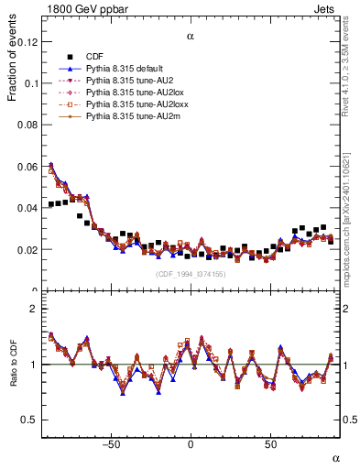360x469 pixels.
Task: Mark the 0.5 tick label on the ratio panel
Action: [x=30, y=420]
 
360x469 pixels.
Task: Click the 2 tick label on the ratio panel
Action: [x=35, y=309]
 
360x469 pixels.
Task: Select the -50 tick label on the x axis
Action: [x=111, y=443]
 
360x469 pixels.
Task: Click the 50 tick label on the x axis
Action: [x=270, y=443]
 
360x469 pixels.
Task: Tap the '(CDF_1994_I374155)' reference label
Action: [x=190, y=274]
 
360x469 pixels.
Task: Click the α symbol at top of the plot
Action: [x=190, y=38]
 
